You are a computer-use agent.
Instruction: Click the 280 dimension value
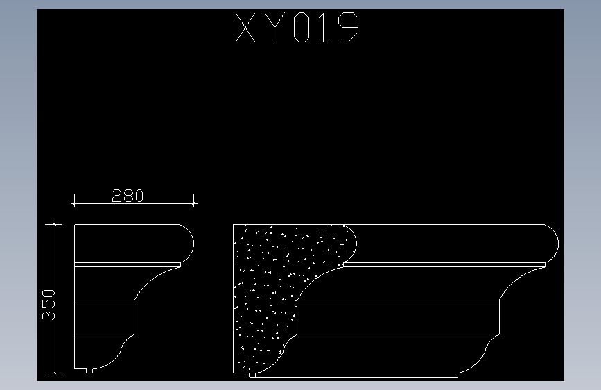pos(128,196)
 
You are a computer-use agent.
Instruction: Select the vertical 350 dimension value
pos(49,305)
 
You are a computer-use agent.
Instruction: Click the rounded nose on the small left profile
pos(187,243)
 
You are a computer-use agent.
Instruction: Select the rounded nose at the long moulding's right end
pos(552,243)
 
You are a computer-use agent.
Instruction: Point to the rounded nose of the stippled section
pos(350,243)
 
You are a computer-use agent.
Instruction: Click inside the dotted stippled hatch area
pos(267,291)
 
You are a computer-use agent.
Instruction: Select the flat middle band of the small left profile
pos(104,316)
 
